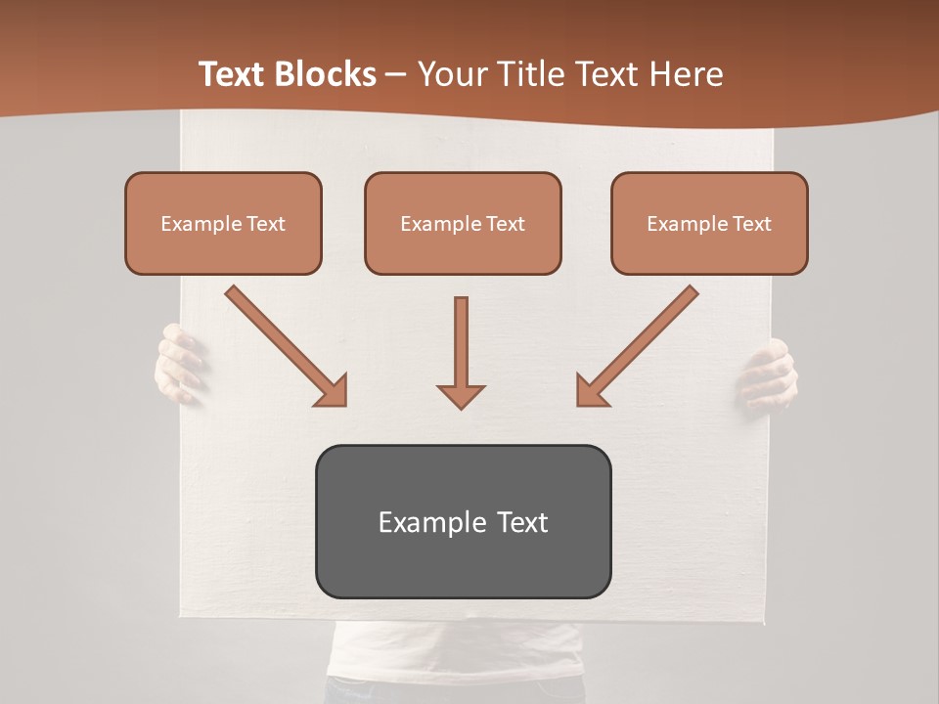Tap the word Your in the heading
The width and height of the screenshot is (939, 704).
446,74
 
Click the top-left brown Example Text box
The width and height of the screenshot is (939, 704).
223,223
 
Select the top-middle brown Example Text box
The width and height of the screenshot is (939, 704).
463,223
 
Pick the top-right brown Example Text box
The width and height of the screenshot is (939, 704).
709,223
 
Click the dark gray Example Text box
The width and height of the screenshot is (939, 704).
463,522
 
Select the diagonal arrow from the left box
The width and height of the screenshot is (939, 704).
285,344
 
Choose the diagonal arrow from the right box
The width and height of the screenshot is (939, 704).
639,344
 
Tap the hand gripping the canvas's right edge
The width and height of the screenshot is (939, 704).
770,374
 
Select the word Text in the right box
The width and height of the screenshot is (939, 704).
751,224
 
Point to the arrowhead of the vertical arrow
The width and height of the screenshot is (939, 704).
461,395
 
